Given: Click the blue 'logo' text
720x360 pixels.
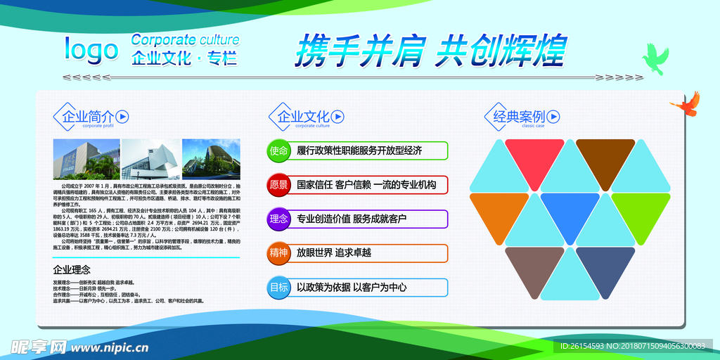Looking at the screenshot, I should (91, 49).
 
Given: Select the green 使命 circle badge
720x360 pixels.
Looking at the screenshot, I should (279, 150).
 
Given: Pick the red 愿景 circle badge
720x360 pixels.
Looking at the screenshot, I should (279, 185).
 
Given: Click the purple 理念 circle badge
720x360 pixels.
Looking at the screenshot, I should (279, 219).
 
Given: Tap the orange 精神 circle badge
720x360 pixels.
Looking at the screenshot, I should (279, 253).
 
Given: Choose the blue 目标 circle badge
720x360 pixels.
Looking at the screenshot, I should (279, 287).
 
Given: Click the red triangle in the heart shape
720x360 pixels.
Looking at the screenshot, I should (534, 154).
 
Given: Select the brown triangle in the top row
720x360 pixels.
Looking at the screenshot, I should (605, 154).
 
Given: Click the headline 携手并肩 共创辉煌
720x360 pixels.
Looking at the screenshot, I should (430, 50).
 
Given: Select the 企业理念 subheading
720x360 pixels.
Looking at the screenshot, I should (72, 269).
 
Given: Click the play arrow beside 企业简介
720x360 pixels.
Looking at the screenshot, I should (122, 116).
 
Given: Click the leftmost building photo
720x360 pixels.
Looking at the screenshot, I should (86, 159).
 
